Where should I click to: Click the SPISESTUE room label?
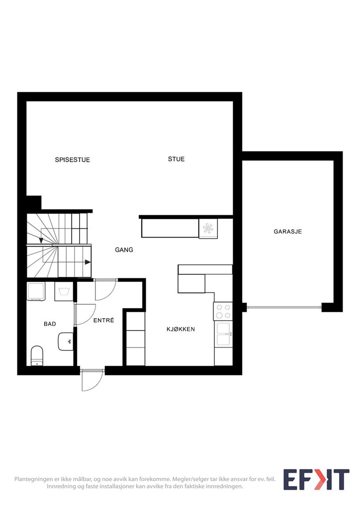tap(73, 160)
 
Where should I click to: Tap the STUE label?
tap(176, 159)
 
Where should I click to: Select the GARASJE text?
tap(287, 232)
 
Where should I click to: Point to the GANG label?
tap(124, 250)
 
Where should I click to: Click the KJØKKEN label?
tap(181, 329)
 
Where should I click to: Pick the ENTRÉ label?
tap(104, 320)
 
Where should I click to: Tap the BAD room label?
tap(50, 324)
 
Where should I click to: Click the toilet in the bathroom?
tap(37, 356)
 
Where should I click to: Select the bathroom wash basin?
tap(66, 341)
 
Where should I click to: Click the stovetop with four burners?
tap(223, 311)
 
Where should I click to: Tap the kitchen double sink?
tap(223, 334)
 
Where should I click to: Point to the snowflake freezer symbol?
tap(208, 228)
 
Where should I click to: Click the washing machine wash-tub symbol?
tap(64, 291)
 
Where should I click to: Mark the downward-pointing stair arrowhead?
tap(41, 241)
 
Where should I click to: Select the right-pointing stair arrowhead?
tap(88, 262)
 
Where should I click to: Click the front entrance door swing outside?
tap(92, 380)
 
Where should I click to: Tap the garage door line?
tap(284, 307)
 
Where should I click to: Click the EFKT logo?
tap(316, 479)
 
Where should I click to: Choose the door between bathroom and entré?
tap(85, 314)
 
